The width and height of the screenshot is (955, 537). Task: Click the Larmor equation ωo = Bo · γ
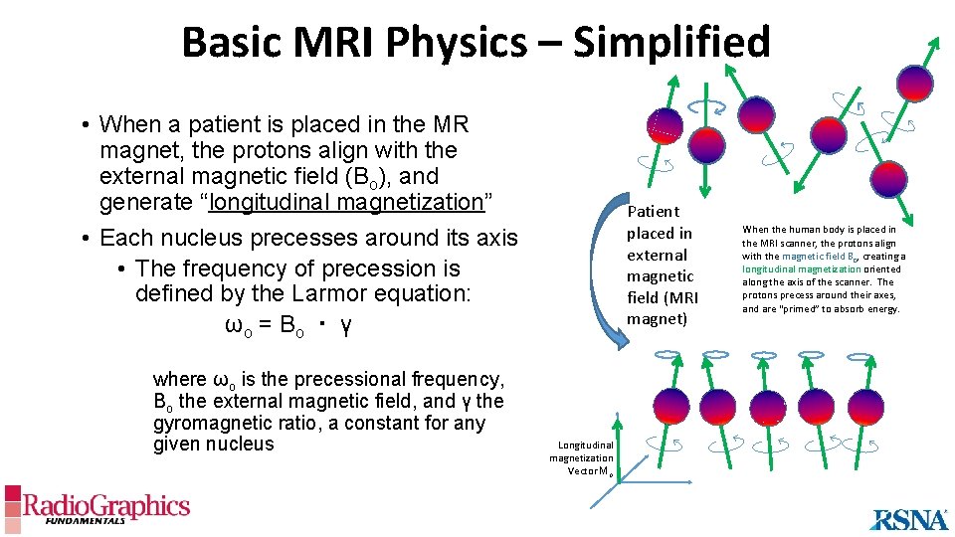click(288, 326)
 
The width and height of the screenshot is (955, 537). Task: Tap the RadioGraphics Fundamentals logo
click(96, 508)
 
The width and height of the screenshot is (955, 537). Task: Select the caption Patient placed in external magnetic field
click(662, 265)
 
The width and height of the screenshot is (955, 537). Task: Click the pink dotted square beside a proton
click(665, 123)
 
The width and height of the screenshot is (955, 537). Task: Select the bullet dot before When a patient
click(88, 125)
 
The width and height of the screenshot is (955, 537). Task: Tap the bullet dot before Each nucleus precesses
click(88, 239)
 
